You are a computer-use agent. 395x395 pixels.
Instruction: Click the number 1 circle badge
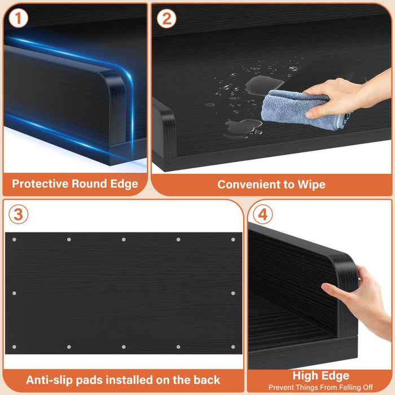click(x=18, y=18)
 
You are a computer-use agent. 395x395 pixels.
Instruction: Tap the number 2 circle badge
click(x=166, y=19)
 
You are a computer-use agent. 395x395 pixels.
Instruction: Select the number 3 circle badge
click(x=19, y=214)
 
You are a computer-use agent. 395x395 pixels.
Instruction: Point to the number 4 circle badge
click(x=263, y=214)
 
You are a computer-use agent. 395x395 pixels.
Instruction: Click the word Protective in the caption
click(x=41, y=183)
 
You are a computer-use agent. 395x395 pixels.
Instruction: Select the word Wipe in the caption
click(x=311, y=185)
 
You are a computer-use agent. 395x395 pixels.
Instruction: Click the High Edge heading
click(x=321, y=376)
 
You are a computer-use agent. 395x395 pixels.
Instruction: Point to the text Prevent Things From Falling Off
click(x=321, y=387)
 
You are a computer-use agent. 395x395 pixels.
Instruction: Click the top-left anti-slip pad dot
click(x=14, y=240)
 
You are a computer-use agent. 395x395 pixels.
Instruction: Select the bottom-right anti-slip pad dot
click(x=233, y=347)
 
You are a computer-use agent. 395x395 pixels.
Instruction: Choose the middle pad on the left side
click(x=14, y=293)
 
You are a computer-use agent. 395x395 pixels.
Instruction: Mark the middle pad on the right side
click(x=233, y=293)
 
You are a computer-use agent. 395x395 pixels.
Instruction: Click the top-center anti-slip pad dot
click(x=124, y=240)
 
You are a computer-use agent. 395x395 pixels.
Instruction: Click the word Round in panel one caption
click(x=89, y=183)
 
